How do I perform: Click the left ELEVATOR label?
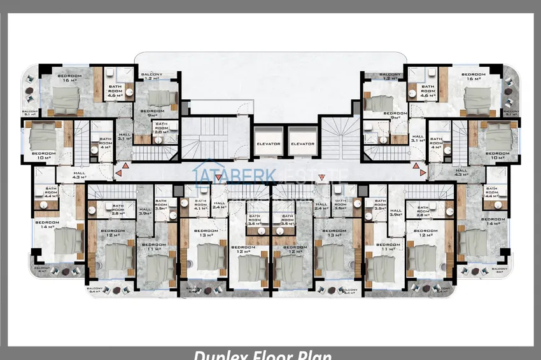coord(269,144)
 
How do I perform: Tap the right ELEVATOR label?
coord(302,144)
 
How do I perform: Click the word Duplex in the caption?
coord(216,355)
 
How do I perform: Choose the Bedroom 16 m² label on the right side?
coord(473,77)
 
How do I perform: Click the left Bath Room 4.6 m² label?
coord(115,92)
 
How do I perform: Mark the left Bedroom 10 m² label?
coord(43,155)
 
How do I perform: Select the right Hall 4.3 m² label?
coord(461,172)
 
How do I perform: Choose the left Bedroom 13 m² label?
coord(206,233)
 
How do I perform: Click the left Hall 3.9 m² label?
coord(144,212)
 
